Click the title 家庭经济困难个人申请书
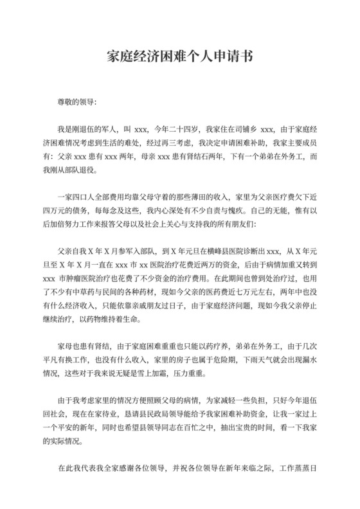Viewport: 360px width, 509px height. pos(180,57)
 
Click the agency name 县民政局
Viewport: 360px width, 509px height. pos(167,420)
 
